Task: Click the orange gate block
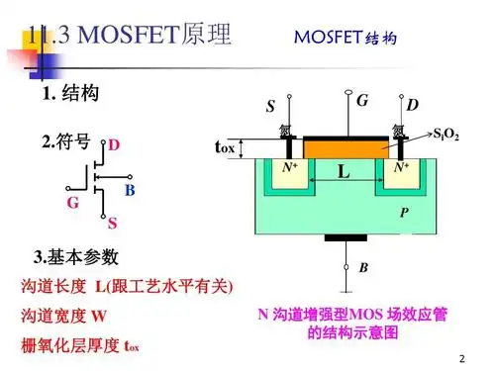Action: point(344,147)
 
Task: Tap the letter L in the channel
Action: point(343,172)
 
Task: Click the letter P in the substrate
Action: point(403,212)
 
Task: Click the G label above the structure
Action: point(361,100)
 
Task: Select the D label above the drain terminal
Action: point(412,105)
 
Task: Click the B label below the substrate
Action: point(363,268)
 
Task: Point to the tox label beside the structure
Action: point(225,147)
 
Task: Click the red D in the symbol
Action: point(114,145)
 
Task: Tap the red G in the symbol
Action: point(72,203)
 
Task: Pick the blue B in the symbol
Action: point(130,189)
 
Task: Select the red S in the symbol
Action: point(113,224)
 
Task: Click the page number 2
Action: point(461,356)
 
